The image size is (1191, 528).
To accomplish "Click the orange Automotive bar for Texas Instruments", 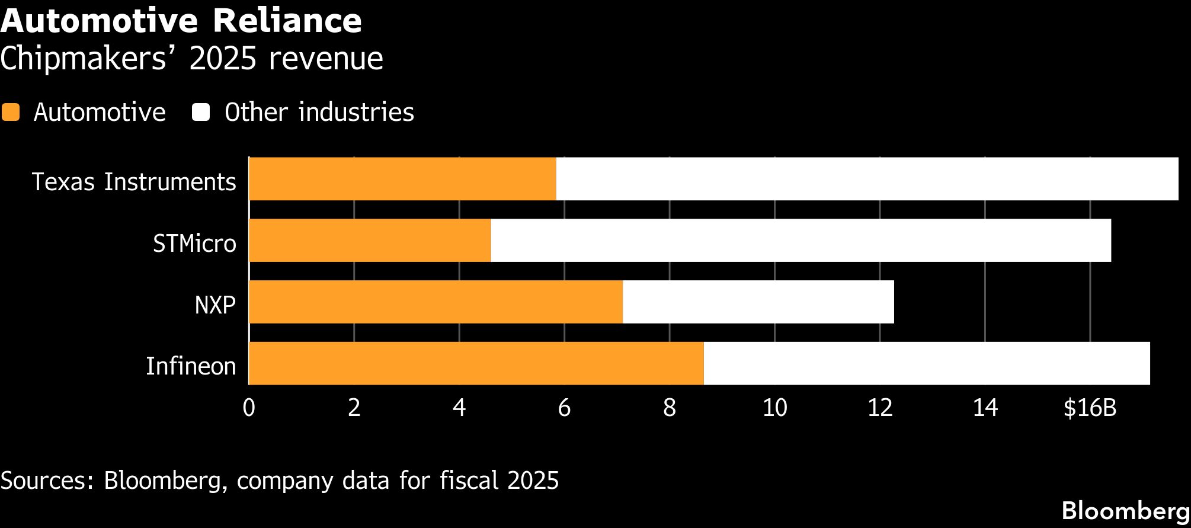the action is [x=403, y=179].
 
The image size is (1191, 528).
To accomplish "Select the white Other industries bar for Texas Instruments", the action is [x=867, y=179].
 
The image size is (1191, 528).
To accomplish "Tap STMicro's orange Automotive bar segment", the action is [x=370, y=241].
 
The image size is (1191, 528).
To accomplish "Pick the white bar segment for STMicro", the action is [x=801, y=241].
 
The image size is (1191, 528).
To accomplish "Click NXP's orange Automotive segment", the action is [x=436, y=302].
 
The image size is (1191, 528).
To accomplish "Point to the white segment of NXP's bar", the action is [x=758, y=302].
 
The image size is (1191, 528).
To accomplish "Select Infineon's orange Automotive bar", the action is [x=476, y=364].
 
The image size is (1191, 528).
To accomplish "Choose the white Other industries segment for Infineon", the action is [x=927, y=364].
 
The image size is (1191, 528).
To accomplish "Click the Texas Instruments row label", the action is [x=134, y=181].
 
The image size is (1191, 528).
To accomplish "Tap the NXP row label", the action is [x=215, y=305].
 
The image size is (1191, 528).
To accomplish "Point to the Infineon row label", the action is [x=191, y=366].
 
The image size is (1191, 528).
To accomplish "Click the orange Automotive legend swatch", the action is [x=11, y=112].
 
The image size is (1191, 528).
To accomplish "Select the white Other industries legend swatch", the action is [x=201, y=112].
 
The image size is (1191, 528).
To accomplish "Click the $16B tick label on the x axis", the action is [x=1090, y=408].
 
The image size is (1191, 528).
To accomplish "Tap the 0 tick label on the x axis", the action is [x=249, y=408].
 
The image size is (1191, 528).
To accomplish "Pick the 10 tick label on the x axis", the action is [x=774, y=408].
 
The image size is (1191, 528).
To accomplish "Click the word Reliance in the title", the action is [x=287, y=21].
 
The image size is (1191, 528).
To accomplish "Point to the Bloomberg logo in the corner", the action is [x=1126, y=511].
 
